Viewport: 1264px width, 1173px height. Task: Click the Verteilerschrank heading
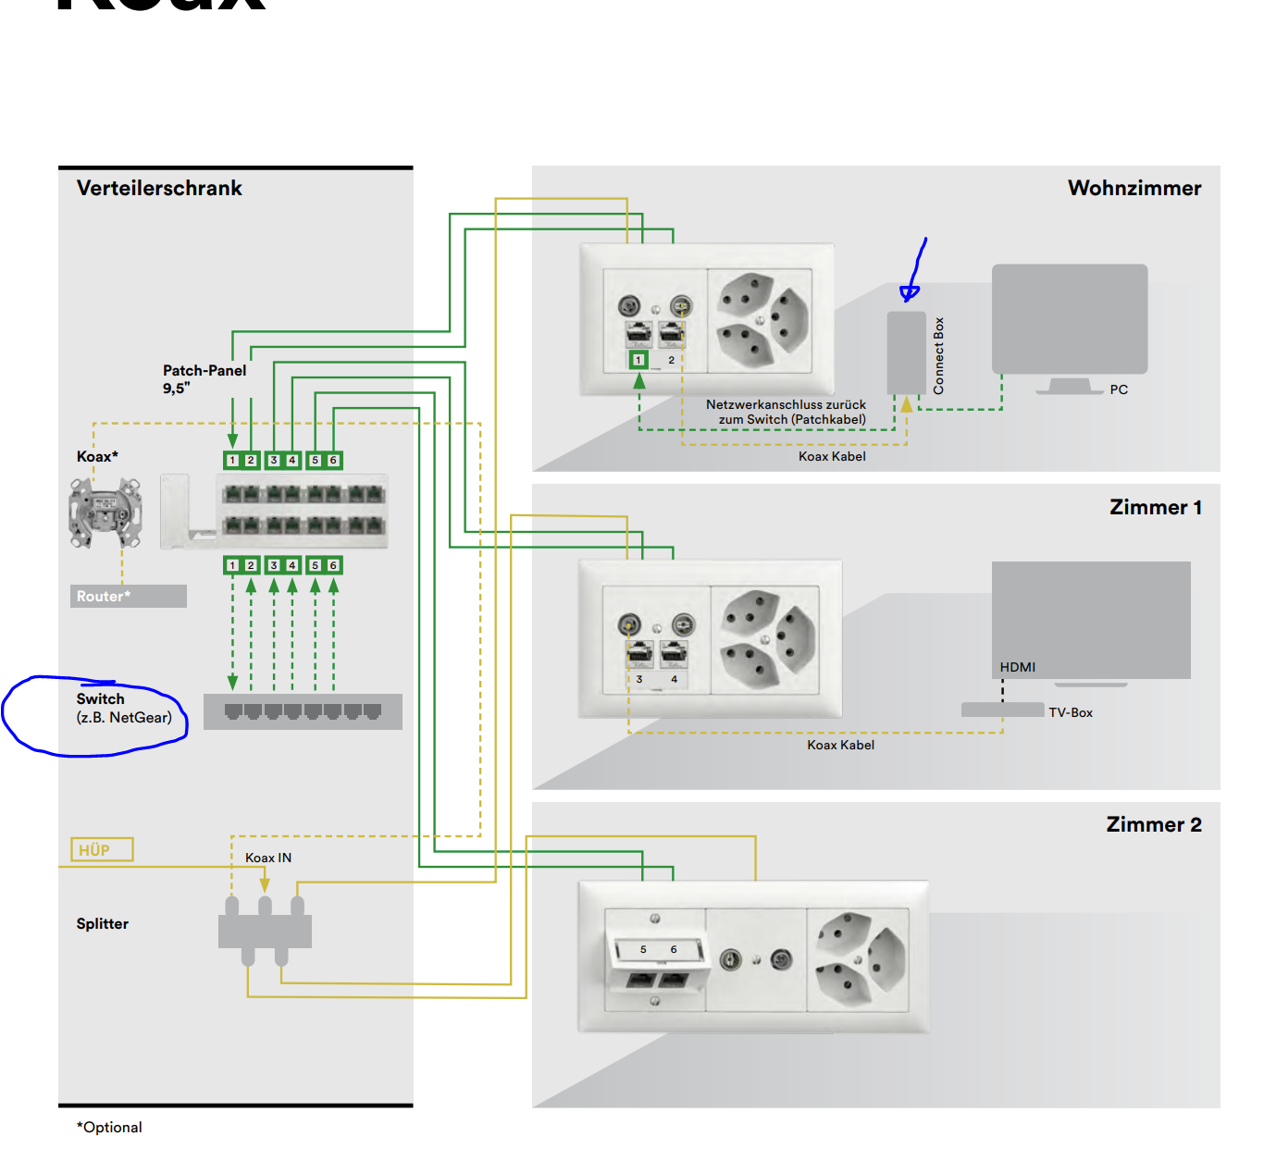coord(159,188)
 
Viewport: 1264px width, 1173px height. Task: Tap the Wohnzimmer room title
coord(1134,188)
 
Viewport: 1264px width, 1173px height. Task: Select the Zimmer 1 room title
coord(1155,507)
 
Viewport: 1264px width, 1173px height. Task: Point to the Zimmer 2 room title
coord(1153,824)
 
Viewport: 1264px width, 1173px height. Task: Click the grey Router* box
coord(129,596)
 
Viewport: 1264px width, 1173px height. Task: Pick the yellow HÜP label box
coord(102,849)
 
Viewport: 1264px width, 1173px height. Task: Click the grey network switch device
coord(303,711)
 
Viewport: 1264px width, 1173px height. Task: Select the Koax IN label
coord(268,858)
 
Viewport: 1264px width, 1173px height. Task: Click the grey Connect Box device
coord(906,352)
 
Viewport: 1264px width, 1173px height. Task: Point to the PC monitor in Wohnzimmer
coord(1069,320)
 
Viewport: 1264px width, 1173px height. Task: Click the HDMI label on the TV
coord(1017,667)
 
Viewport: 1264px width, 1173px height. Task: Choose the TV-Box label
coord(1070,712)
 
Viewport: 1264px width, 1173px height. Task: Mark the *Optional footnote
coord(109,1127)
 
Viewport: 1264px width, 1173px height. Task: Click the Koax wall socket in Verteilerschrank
coord(105,512)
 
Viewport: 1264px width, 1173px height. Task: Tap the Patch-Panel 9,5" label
coord(204,378)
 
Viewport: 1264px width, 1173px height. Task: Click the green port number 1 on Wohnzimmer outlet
coord(638,360)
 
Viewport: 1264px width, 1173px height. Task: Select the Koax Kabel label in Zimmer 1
coord(840,745)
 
